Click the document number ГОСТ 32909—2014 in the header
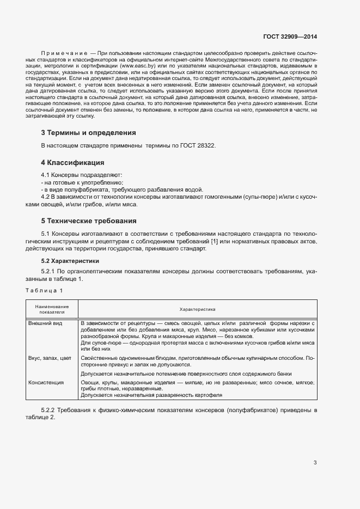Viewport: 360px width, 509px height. pos(290,36)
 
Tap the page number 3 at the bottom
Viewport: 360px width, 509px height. pos(315,463)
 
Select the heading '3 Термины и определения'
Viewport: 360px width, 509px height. pos(88,132)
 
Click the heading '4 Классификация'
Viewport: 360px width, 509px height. pos(72,163)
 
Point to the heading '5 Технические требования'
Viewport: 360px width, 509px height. pos(89,221)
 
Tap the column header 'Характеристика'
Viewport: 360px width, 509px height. pos(198,309)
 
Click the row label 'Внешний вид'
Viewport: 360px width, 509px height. pos(45,323)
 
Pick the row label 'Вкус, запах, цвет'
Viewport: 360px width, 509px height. pos(50,358)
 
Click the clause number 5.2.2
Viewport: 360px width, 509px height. pos(49,409)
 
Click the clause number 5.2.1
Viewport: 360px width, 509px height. pos(49,272)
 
